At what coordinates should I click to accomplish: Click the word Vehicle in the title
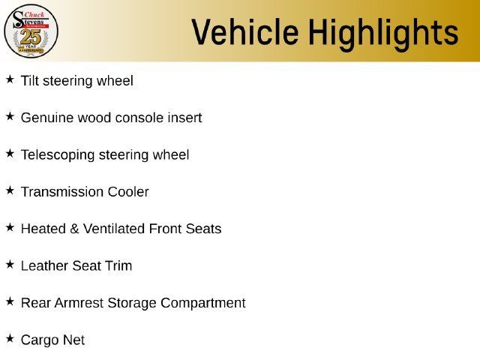pyautogui.click(x=245, y=31)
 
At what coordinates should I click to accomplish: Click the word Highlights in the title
pyautogui.click(x=383, y=34)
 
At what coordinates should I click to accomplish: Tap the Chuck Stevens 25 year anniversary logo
pyautogui.click(x=31, y=31)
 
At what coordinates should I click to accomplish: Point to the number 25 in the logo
pyautogui.click(x=31, y=37)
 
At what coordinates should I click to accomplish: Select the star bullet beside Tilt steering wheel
pyautogui.click(x=10, y=79)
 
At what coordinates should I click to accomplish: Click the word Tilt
pyautogui.click(x=30, y=81)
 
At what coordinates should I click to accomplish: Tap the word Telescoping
pyautogui.click(x=58, y=155)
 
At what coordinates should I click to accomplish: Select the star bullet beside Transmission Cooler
pyautogui.click(x=10, y=190)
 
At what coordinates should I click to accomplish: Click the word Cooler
pyautogui.click(x=128, y=192)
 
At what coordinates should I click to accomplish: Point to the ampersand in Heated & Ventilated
pyautogui.click(x=74, y=229)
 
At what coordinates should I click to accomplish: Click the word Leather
pyautogui.click(x=44, y=265)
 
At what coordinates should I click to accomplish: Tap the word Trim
pyautogui.click(x=118, y=265)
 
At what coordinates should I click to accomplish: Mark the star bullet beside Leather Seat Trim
pyautogui.click(x=10, y=265)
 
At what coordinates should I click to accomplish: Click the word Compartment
pyautogui.click(x=203, y=303)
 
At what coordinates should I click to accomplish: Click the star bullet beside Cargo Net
pyautogui.click(x=10, y=338)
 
